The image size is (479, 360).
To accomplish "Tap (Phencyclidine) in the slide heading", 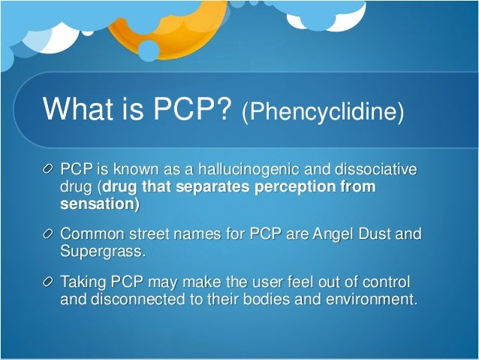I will pyautogui.click(x=322, y=113).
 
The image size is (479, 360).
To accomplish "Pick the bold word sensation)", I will pyautogui.click(x=100, y=203).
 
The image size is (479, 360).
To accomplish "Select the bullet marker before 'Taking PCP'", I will pyautogui.click(x=49, y=282).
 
